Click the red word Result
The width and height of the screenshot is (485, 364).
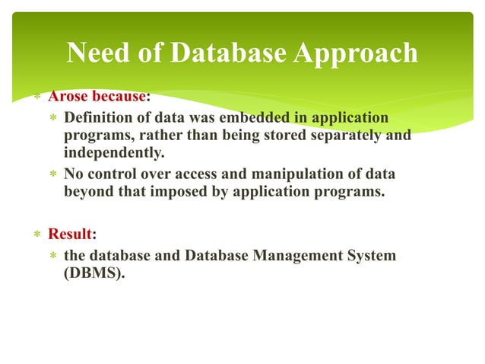pyautogui.click(x=70, y=233)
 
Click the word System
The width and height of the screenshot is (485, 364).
pyautogui.click(x=372, y=255)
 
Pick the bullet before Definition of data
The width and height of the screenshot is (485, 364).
pyautogui.click(x=52, y=120)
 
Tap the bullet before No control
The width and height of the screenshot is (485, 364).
pyautogui.click(x=52, y=175)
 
